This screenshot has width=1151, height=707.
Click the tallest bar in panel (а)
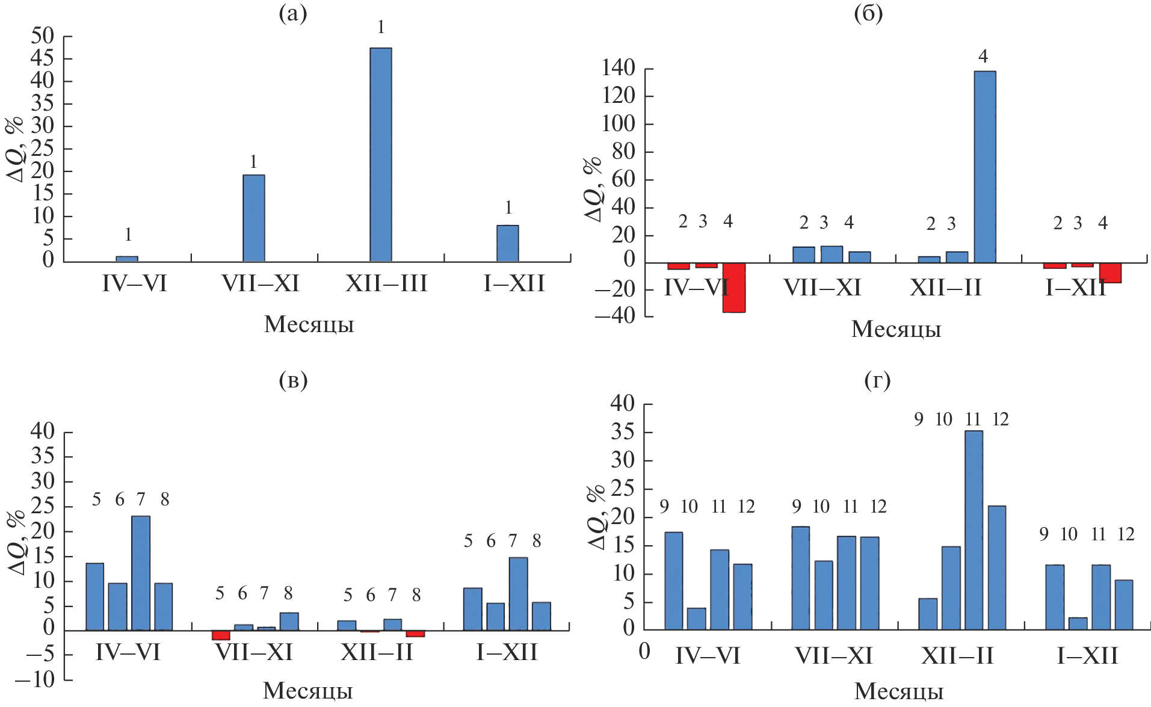point(380,155)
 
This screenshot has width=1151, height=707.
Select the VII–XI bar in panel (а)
point(253,218)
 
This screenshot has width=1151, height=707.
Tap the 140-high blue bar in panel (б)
point(984,167)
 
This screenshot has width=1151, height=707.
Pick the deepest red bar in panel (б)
point(733,288)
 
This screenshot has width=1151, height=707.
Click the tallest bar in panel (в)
point(141,573)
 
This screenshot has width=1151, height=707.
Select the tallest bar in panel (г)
point(974,530)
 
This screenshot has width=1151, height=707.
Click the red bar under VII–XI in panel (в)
point(221,635)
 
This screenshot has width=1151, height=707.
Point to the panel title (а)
point(293,13)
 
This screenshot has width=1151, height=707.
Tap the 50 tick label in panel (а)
point(42,36)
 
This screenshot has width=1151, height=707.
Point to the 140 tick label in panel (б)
point(618,68)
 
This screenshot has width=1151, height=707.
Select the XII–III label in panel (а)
point(386,283)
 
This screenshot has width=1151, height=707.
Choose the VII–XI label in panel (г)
point(833,656)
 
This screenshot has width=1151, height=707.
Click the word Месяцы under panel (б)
point(896,329)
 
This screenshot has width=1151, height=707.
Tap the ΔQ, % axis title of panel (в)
point(16,542)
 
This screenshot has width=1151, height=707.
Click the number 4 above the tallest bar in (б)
point(983,57)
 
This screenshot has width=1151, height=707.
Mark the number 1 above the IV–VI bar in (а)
point(128,235)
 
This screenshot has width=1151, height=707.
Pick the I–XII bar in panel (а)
point(507,243)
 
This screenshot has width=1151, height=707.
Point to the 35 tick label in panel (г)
point(622,432)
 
